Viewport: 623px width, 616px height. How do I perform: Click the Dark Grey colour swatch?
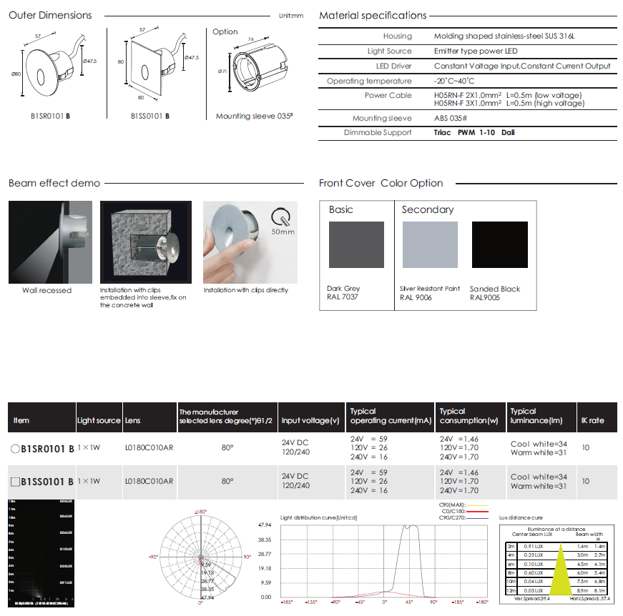click(x=356, y=244)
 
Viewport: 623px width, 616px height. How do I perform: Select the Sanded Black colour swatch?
click(x=499, y=244)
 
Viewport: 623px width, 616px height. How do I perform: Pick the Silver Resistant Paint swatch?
click(x=430, y=244)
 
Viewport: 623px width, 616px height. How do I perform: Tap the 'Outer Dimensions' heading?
click(x=50, y=15)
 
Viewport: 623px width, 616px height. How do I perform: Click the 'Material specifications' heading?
click(x=373, y=15)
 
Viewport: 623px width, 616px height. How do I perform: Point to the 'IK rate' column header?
click(x=592, y=420)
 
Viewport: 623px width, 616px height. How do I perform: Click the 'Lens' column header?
click(x=132, y=420)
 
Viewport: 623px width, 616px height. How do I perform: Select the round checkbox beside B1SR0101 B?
click(x=15, y=449)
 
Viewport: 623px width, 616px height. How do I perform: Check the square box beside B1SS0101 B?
click(x=15, y=482)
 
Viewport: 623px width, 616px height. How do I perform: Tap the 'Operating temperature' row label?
click(x=369, y=81)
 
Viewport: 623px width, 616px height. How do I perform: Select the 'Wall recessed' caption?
click(x=46, y=291)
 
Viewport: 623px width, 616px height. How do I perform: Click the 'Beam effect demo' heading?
click(x=54, y=183)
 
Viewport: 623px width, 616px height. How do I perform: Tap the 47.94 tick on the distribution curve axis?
click(x=264, y=525)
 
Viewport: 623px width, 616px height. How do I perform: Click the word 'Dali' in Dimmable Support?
click(x=508, y=132)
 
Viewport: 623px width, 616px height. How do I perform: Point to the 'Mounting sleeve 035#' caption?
click(x=255, y=116)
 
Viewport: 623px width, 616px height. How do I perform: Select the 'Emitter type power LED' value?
click(x=476, y=51)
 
